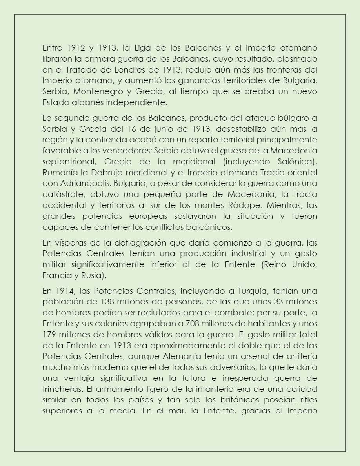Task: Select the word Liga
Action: [139, 48]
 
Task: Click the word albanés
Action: [82, 102]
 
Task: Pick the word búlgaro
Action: [296, 118]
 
